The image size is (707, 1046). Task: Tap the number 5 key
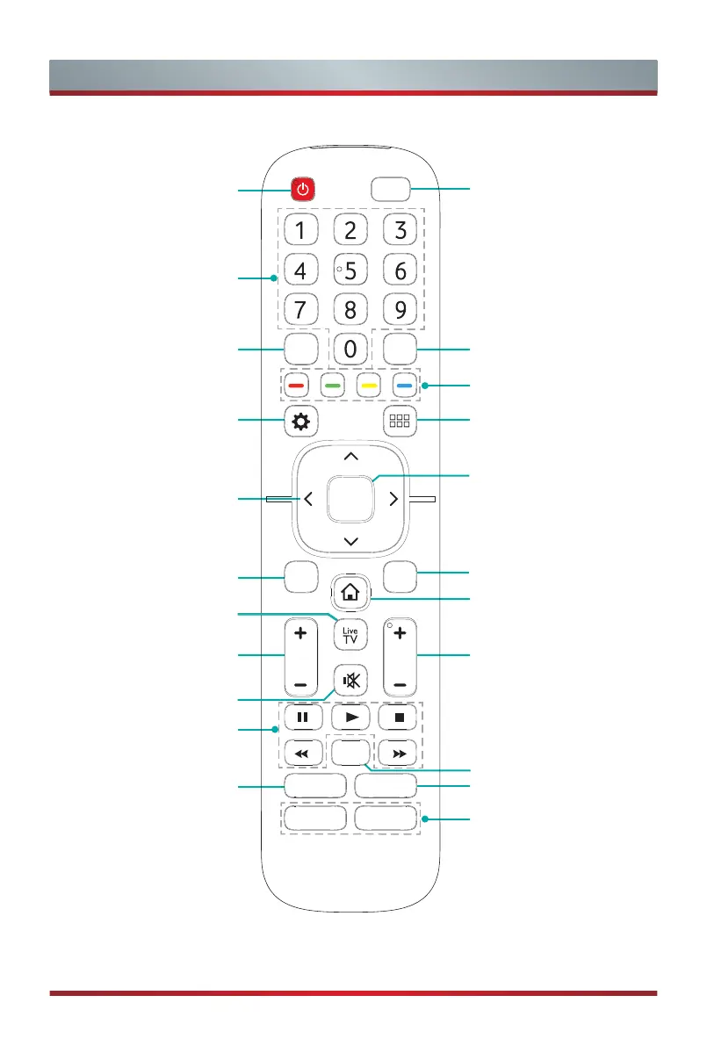[350, 271]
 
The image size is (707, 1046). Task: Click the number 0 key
[350, 349]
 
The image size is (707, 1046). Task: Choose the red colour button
[300, 385]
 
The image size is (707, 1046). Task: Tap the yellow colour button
[368, 385]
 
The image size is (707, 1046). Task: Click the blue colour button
[402, 385]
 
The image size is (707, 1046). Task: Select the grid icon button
[400, 422]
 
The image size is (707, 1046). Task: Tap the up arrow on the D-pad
[350, 457]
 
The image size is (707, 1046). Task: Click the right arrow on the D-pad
[393, 499]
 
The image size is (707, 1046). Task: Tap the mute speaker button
[350, 681]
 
